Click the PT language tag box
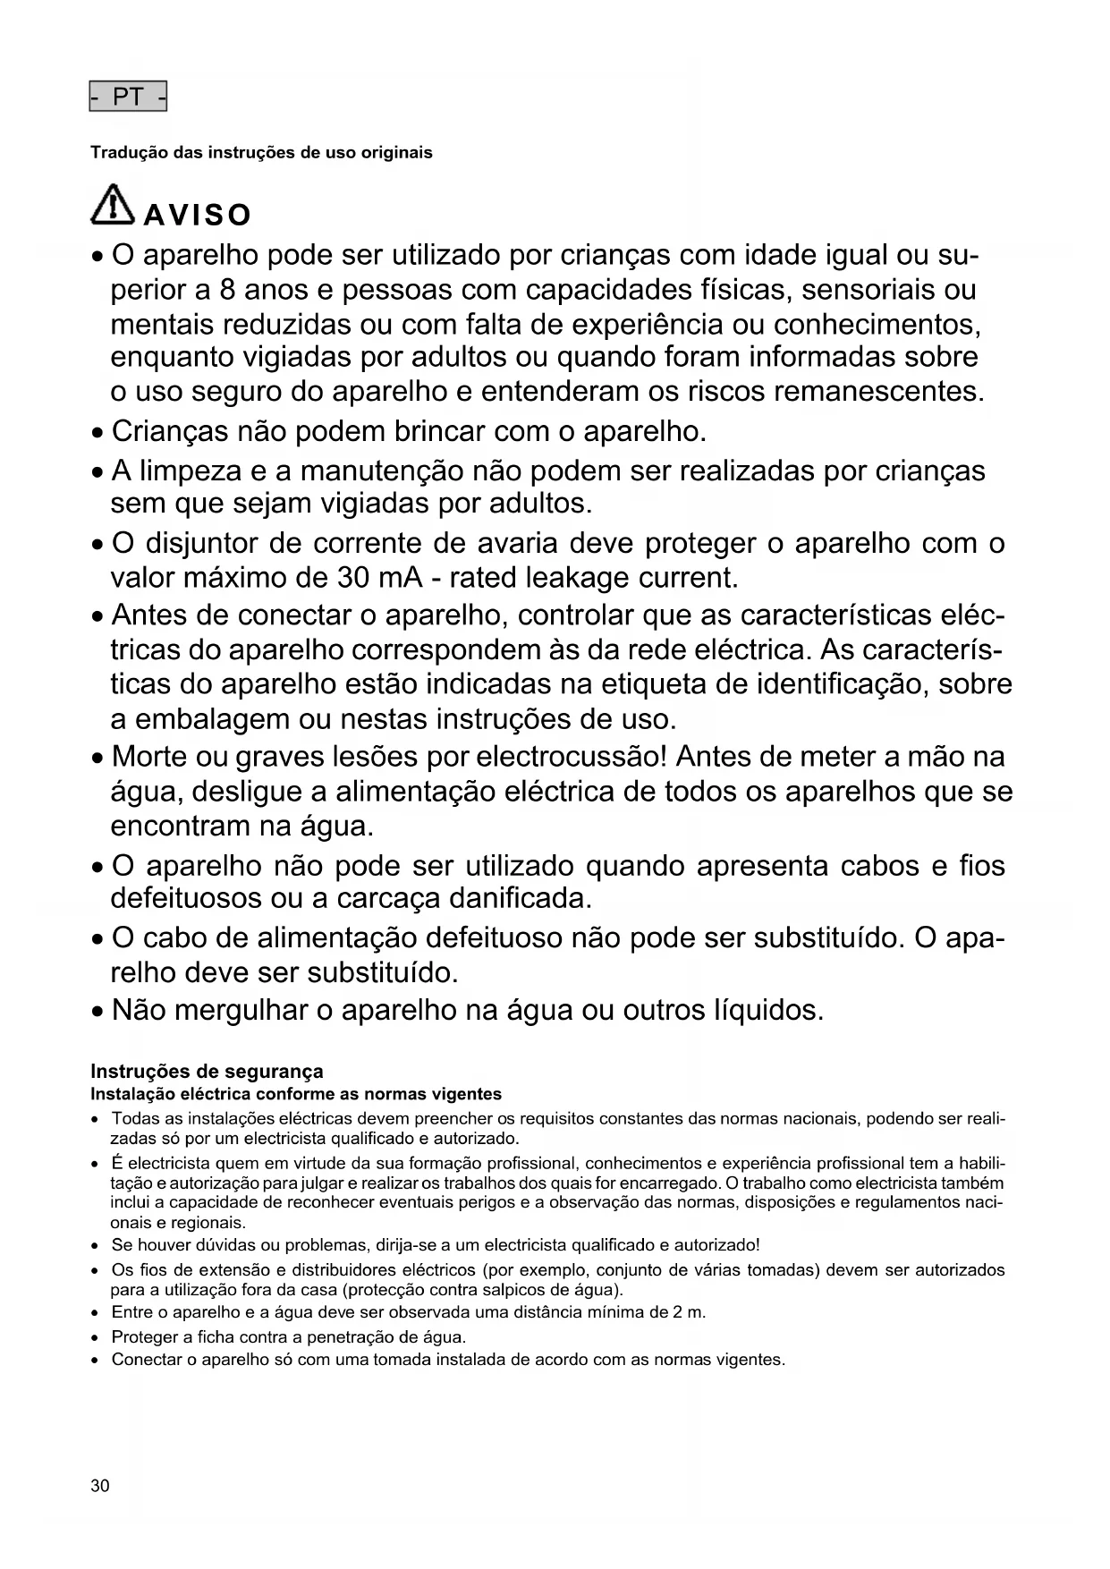click(128, 97)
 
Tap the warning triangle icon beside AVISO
click(113, 205)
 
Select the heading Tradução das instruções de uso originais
click(261, 153)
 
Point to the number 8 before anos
click(228, 291)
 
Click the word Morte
click(149, 757)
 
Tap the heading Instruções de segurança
click(207, 1072)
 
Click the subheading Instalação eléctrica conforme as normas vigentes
click(296, 1094)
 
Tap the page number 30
click(100, 1487)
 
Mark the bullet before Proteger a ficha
click(95, 1338)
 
